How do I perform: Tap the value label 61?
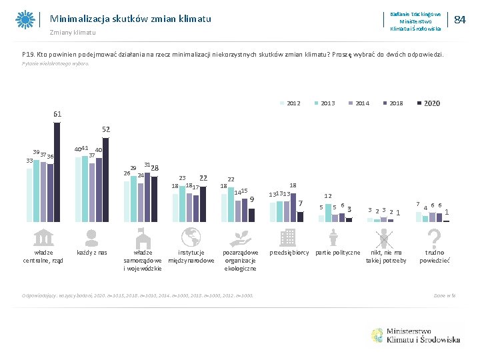[57, 114]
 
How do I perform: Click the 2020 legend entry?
[429, 103]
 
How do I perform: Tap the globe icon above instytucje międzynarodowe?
[191, 237]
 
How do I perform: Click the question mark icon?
[434, 237]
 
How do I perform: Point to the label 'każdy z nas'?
[92, 253]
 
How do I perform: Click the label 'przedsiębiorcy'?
[289, 253]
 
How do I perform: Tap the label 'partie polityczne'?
[337, 253]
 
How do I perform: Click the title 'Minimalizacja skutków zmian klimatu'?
[131, 19]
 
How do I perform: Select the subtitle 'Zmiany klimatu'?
[73, 33]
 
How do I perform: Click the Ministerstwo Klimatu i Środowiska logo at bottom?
[414, 335]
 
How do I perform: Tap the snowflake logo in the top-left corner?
[25, 20]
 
